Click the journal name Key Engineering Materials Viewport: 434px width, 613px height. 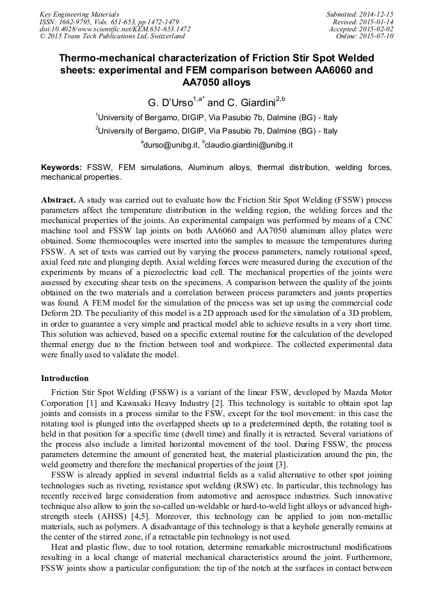[79, 13]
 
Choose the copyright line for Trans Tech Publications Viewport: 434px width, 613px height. [112, 36]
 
